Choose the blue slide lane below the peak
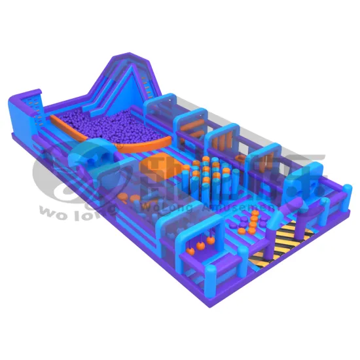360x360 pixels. click(x=141, y=98)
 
